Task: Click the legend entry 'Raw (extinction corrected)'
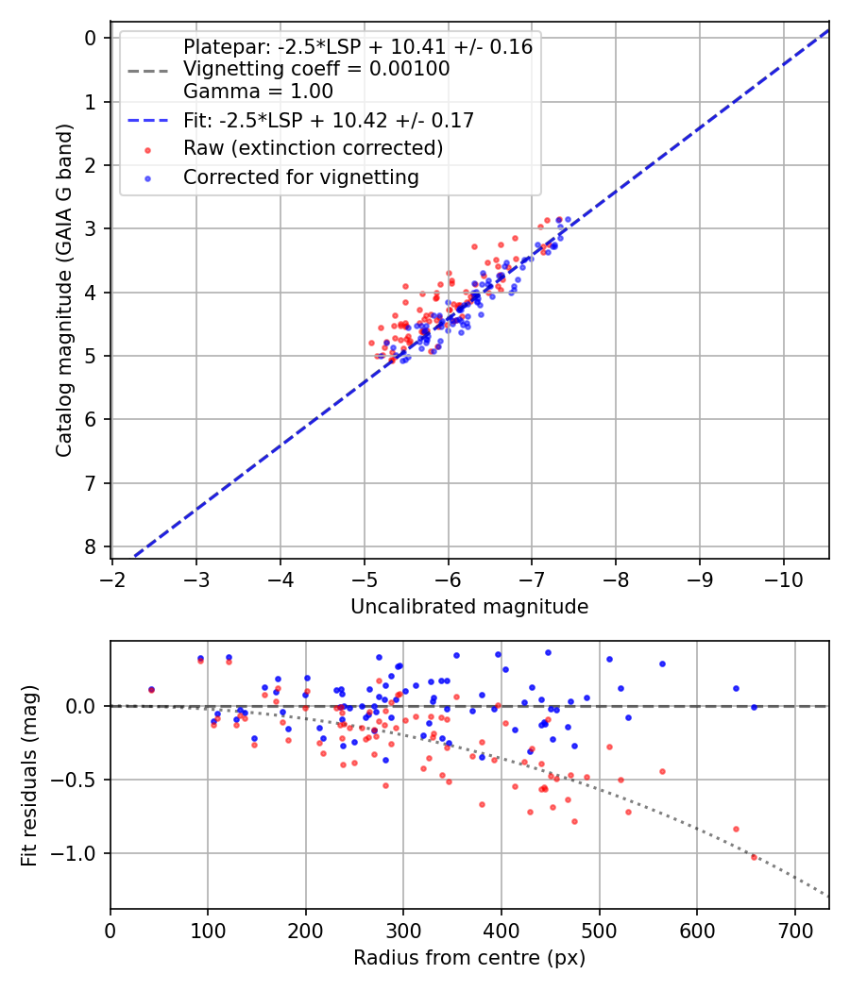(313, 148)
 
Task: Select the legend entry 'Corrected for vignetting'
(300, 176)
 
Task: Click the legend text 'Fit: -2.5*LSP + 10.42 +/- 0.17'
(328, 120)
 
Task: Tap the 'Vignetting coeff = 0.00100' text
(316, 69)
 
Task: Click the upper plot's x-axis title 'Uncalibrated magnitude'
(469, 607)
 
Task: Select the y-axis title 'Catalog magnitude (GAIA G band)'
(63, 295)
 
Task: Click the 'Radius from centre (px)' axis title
(469, 958)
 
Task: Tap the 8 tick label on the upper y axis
(91, 547)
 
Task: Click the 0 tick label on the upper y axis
(91, 38)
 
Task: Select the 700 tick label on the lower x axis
(794, 931)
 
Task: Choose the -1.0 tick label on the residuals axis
(76, 853)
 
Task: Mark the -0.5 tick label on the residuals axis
(76, 780)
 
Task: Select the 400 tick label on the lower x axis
(501, 931)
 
